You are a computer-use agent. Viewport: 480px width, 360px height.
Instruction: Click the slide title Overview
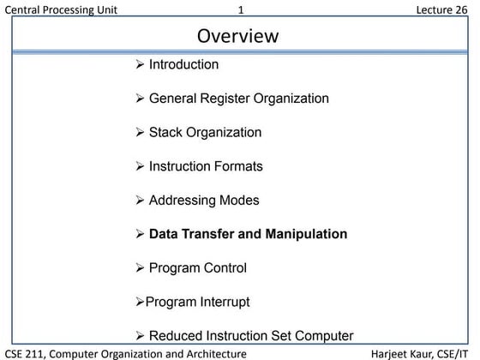coord(238,36)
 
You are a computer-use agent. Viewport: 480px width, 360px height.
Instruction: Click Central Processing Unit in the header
coord(61,9)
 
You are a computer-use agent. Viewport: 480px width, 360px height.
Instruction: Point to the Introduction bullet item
coord(183,64)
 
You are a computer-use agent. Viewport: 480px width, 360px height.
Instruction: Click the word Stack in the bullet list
coord(165,133)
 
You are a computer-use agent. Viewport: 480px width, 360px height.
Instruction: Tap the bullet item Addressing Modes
coord(204,201)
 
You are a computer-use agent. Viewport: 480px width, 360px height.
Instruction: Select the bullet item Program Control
coord(198,268)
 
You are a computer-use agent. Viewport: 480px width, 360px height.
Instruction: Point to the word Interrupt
coord(224,302)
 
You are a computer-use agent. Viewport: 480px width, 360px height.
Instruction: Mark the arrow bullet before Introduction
coord(141,65)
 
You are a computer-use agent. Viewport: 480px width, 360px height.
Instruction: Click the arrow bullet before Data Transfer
coord(141,234)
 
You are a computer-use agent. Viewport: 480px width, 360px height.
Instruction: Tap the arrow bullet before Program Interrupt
coord(140,303)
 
